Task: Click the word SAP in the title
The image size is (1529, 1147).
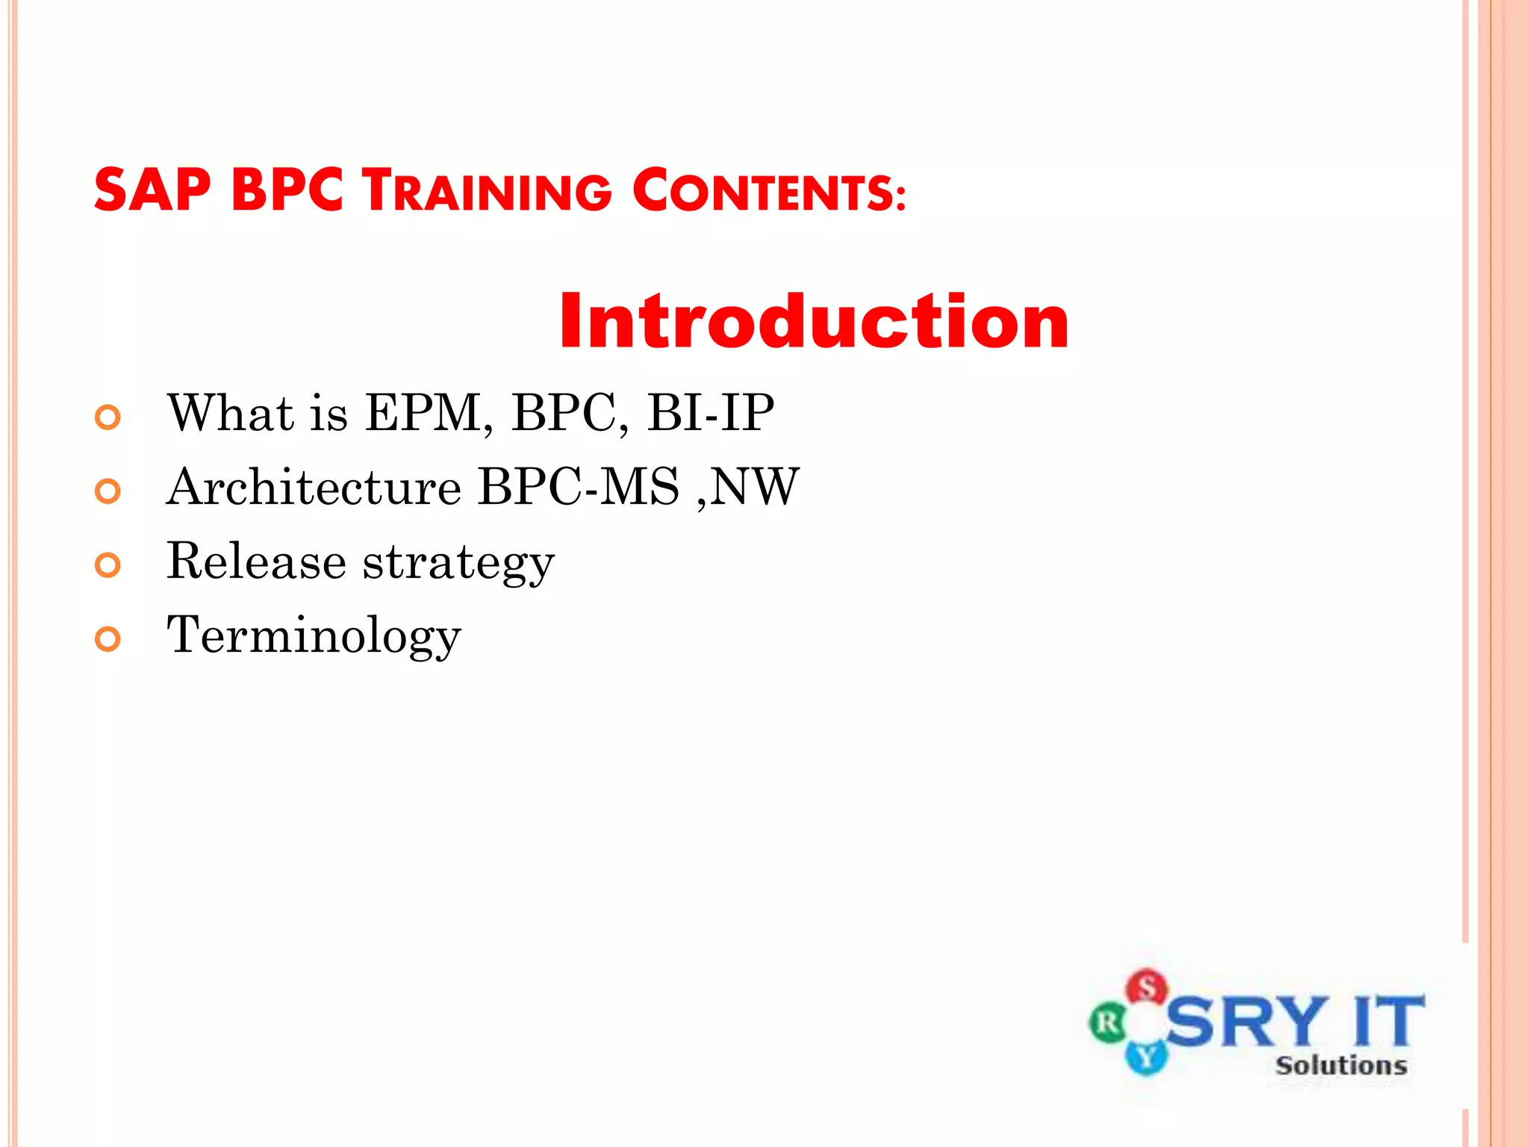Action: [x=152, y=190]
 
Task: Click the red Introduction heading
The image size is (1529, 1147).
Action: [x=814, y=321]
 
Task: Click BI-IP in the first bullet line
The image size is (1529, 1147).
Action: [x=710, y=413]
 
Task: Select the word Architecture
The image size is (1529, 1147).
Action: [x=314, y=487]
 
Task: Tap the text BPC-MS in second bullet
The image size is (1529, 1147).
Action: [x=579, y=487]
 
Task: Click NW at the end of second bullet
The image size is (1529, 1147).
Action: [x=754, y=487]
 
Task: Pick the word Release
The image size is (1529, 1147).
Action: [x=256, y=561]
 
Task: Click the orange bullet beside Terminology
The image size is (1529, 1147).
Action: [x=108, y=639]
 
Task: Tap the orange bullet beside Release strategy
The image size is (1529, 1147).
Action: [x=108, y=565]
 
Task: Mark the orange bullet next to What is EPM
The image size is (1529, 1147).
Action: [x=108, y=417]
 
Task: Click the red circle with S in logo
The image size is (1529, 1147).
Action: [x=1147, y=987]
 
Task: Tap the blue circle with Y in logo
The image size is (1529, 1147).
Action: [x=1145, y=1057]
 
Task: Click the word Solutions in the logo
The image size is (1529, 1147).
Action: [x=1341, y=1066]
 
